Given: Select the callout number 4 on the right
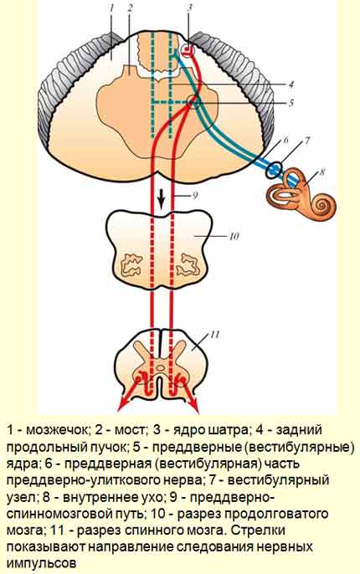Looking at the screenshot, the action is tap(291, 85).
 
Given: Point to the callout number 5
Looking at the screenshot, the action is tap(291, 103).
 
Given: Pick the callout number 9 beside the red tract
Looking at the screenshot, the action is tap(195, 195).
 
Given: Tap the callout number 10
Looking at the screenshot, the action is tap(234, 236).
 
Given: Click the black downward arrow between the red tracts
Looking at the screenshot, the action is tap(161, 199).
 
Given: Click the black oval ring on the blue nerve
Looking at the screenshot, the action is tap(275, 170).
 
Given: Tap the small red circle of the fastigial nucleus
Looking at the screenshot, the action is tap(188, 49).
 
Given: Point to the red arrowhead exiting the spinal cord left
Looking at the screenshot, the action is tap(121, 407).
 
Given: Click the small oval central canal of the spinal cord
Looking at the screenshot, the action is tap(161, 367).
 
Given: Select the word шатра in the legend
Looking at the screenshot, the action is tap(228, 430).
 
